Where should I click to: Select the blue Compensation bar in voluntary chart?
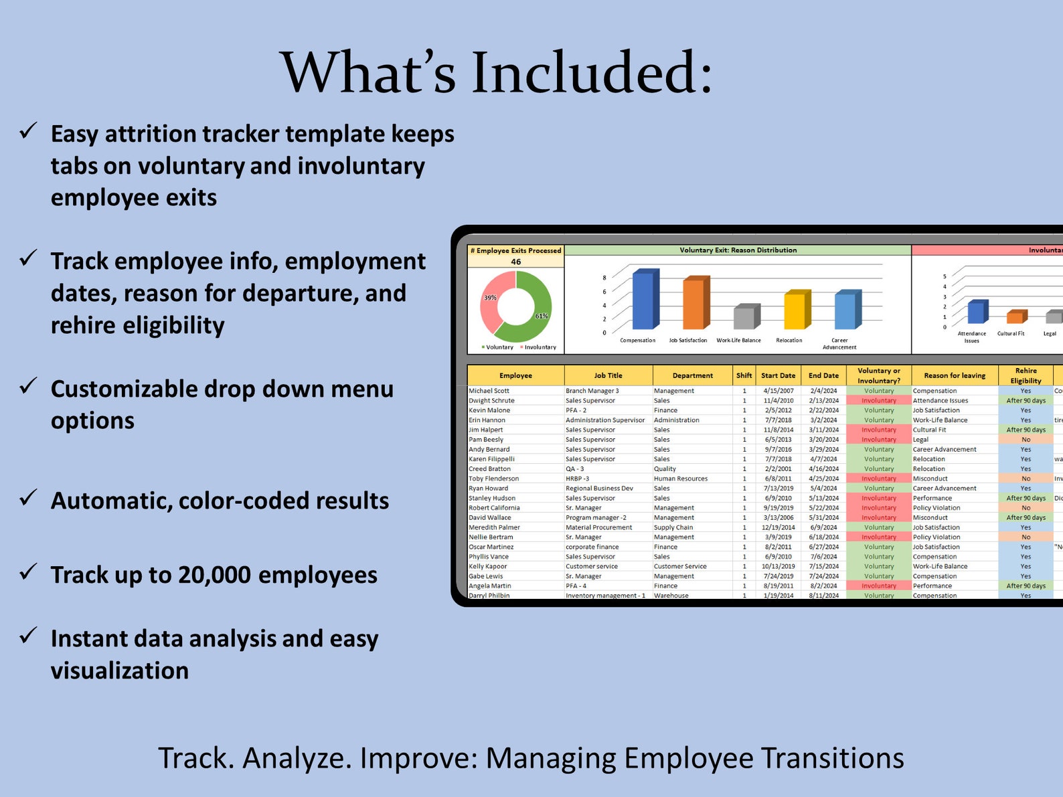(645, 300)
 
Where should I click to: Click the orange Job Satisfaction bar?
(695, 304)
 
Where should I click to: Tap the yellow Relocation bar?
(796, 311)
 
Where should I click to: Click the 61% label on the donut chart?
(541, 316)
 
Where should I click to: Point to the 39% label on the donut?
(490, 298)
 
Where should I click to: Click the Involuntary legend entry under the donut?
(540, 347)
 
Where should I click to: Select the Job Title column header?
(608, 375)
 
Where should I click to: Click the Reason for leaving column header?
(955, 375)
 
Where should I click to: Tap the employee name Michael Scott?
(489, 391)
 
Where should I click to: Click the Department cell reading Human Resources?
(680, 478)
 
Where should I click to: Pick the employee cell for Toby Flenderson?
(493, 478)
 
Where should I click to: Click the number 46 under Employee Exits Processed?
(515, 262)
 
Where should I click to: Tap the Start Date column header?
(778, 375)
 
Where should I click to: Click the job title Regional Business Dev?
(598, 489)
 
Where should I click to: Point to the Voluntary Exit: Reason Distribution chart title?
(738, 250)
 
